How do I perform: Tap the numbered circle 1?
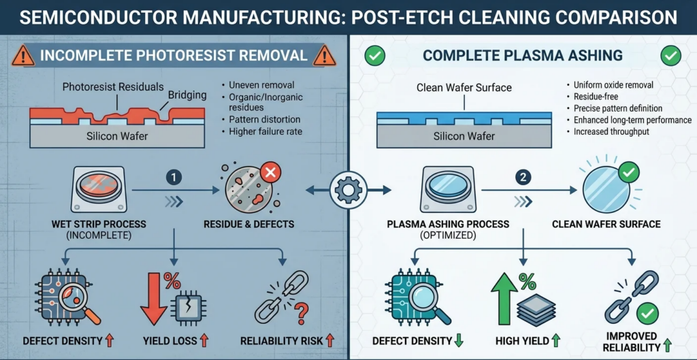click(174, 178)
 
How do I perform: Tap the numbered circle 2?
click(523, 178)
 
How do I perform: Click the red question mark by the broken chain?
click(302, 308)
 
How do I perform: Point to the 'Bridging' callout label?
click(187, 95)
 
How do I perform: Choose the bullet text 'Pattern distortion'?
click(261, 118)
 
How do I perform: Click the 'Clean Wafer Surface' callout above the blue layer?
click(464, 88)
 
